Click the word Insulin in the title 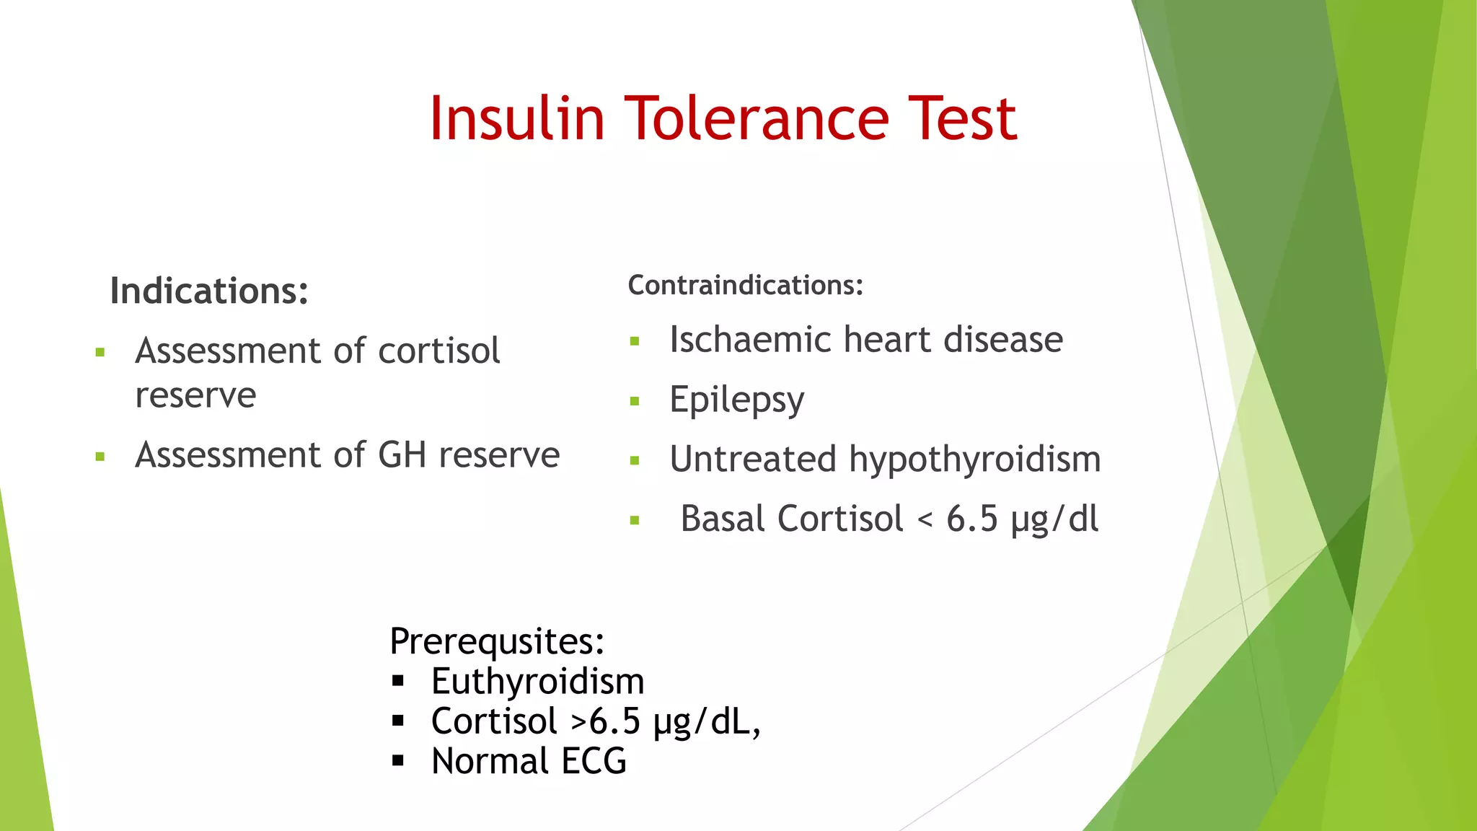[x=516, y=118]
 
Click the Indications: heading [x=209, y=291]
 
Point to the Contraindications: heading [x=745, y=286]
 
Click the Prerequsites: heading [x=497, y=641]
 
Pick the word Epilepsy [x=736, y=400]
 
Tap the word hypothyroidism [x=975, y=460]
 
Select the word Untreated [x=753, y=460]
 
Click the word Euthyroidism [x=537, y=682]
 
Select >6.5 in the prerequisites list [x=604, y=721]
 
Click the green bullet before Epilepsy [x=635, y=401]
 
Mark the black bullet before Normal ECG [x=398, y=760]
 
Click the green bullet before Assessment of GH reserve [x=100, y=457]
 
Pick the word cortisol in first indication [x=438, y=351]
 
